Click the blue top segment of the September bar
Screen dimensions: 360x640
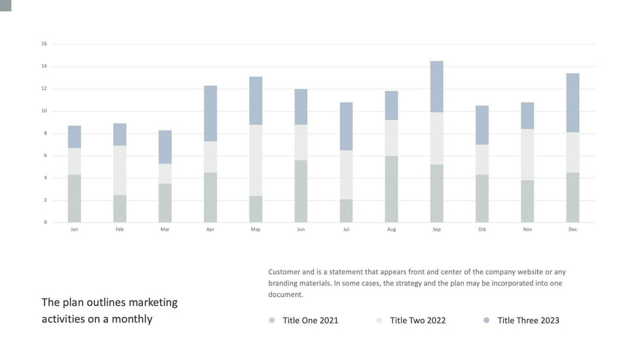[437, 86]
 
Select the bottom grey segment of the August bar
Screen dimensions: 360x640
[391, 189]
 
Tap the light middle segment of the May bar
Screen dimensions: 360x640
[255, 160]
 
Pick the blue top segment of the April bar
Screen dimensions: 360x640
[210, 113]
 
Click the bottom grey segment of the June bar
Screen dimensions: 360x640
[300, 191]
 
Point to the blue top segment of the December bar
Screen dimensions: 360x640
[573, 103]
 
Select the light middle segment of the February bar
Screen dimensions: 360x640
[120, 170]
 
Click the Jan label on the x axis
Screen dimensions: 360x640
[74, 229]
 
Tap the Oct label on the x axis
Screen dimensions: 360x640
[482, 229]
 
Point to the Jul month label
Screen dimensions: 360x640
[346, 229]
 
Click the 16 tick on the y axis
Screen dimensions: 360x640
[44, 44]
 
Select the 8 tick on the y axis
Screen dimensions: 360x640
[45, 133]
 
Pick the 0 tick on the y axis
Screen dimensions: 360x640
[45, 222]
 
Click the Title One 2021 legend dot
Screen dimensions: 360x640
[272, 320]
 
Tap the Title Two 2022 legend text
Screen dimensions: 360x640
[418, 320]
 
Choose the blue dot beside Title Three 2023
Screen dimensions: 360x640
[487, 320]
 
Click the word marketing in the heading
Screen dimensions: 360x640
[153, 303]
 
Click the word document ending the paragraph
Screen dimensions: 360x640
[285, 295]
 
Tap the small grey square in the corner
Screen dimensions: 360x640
[5, 5]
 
